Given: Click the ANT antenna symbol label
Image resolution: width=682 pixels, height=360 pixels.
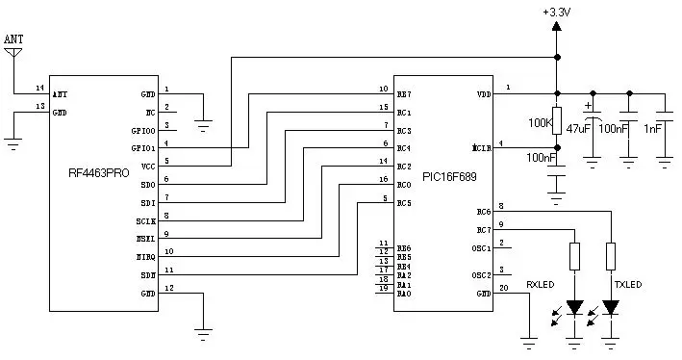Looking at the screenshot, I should pyautogui.click(x=13, y=39).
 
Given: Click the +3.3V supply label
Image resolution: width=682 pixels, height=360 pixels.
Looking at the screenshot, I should pyautogui.click(x=557, y=12).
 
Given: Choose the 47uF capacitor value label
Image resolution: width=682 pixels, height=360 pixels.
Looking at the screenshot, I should pyautogui.click(x=578, y=127).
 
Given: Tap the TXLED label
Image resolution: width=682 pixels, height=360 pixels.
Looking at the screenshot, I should pyautogui.click(x=627, y=284).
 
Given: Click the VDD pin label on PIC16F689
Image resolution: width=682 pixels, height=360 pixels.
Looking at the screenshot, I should pyautogui.click(x=482, y=94).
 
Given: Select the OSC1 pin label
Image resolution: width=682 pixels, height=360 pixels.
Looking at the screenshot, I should pyautogui.click(x=480, y=248).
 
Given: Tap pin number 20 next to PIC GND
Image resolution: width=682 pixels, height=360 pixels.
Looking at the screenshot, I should pyautogui.click(x=505, y=287).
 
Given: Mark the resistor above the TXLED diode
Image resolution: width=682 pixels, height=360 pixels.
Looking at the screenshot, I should pyautogui.click(x=610, y=256).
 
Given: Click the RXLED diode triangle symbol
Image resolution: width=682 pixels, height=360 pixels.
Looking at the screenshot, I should pyautogui.click(x=574, y=308).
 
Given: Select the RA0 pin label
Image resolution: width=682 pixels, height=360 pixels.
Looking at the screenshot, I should pyautogui.click(x=404, y=293).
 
